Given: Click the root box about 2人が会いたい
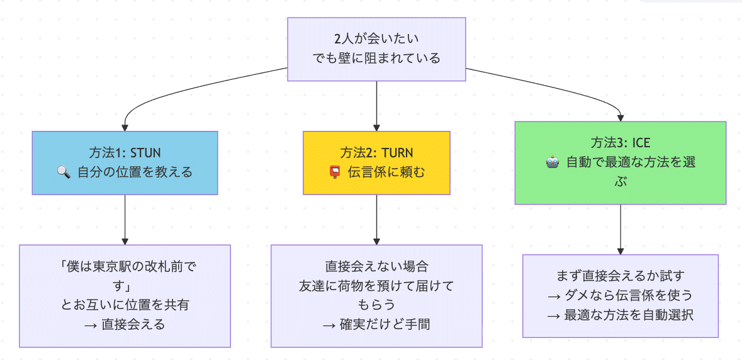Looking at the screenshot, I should tap(376, 49).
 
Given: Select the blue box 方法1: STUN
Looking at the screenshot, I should tap(125, 162).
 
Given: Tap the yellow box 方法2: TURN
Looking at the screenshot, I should tap(376, 162).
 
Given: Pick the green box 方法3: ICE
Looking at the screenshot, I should tap(620, 162).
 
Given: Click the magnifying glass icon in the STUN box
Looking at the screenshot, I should tap(64, 172).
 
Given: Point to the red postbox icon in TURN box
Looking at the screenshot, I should tap(335, 172).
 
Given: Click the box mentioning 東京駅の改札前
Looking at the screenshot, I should tap(125, 296).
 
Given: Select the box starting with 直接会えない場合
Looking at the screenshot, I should tap(376, 296).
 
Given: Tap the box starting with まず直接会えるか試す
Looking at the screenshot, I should tap(620, 295).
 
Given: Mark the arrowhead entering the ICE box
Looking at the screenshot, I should tap(621, 117).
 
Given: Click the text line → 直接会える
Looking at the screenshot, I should tap(125, 325).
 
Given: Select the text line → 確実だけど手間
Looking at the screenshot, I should tap(376, 325).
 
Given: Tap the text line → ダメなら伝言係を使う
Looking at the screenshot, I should tap(620, 296).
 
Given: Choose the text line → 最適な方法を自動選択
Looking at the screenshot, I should tap(620, 315).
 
